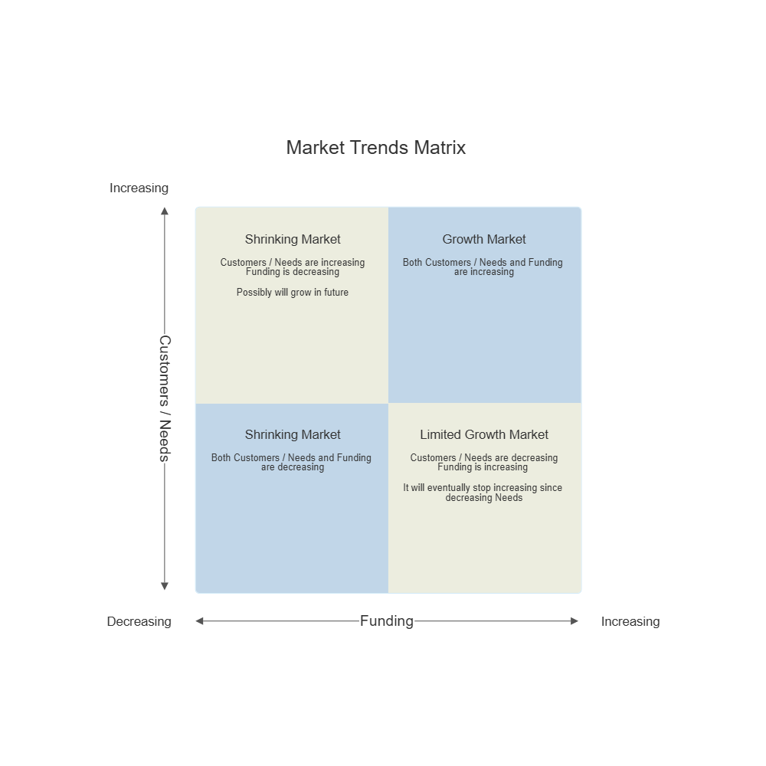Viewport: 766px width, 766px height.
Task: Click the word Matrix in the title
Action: tap(440, 147)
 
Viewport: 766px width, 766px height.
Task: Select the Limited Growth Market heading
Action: tap(484, 434)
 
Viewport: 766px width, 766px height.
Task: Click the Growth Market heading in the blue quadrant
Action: tap(484, 239)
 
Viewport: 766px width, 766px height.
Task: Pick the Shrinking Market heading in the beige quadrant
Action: tap(293, 239)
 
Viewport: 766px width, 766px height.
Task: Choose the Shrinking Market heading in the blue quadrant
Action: tap(293, 434)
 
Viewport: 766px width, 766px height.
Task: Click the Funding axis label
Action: tap(387, 621)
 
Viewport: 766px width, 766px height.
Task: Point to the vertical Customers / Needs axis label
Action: tap(165, 398)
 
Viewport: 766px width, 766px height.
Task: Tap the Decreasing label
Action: tap(139, 621)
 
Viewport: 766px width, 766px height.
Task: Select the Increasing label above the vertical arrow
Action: tap(139, 188)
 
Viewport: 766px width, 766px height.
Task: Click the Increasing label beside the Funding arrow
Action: tap(630, 621)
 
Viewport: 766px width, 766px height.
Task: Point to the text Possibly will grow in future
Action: tap(293, 292)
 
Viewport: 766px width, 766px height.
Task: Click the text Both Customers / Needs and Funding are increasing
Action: tap(483, 267)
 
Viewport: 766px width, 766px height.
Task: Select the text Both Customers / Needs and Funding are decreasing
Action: tap(291, 462)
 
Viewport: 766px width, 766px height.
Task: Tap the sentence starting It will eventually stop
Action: tap(483, 493)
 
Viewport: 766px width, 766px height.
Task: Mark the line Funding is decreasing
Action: tap(293, 272)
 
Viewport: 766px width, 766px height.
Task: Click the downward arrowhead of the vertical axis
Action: tap(165, 587)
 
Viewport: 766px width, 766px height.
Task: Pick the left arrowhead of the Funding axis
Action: tap(200, 621)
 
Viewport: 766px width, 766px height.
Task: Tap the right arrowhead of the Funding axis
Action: tap(574, 621)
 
